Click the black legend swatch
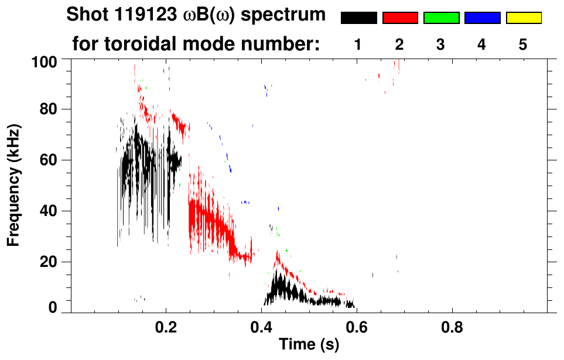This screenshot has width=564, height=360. point(358,18)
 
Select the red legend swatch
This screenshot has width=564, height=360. point(400,18)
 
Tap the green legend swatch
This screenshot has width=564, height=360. point(441,18)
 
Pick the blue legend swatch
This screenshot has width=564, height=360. point(482,18)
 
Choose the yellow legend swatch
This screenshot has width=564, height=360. point(524,18)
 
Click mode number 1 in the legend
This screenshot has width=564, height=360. point(358,45)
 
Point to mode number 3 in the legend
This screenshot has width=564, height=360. point(440,45)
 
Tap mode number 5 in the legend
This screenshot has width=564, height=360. point(523,45)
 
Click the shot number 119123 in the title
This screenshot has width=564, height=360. point(127,16)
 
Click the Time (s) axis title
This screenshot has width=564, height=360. point(308,345)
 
